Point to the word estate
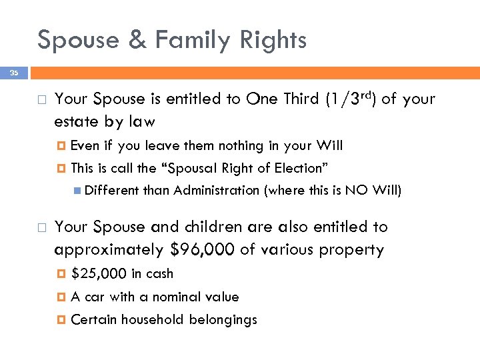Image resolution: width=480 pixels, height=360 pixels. click(x=77, y=121)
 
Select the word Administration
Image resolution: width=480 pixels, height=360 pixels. click(x=216, y=191)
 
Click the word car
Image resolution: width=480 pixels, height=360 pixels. click(x=95, y=297)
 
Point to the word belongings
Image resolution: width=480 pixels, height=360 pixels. click(x=223, y=319)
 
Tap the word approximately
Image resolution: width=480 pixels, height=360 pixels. click(x=109, y=250)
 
